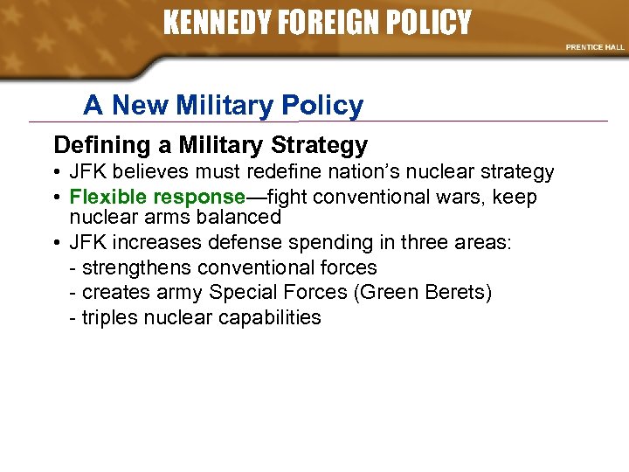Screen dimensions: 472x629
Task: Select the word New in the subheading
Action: coord(142,106)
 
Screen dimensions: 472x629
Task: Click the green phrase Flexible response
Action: coord(157,197)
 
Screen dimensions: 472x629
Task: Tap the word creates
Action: coord(114,292)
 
